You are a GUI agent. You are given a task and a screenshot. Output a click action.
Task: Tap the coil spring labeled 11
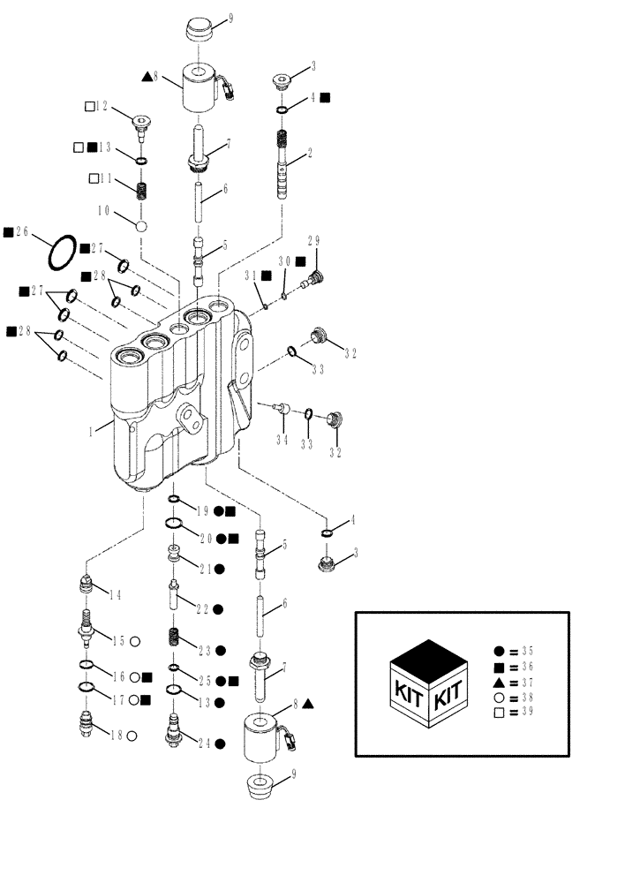[140, 190]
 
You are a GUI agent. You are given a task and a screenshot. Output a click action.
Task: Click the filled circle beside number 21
[219, 570]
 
